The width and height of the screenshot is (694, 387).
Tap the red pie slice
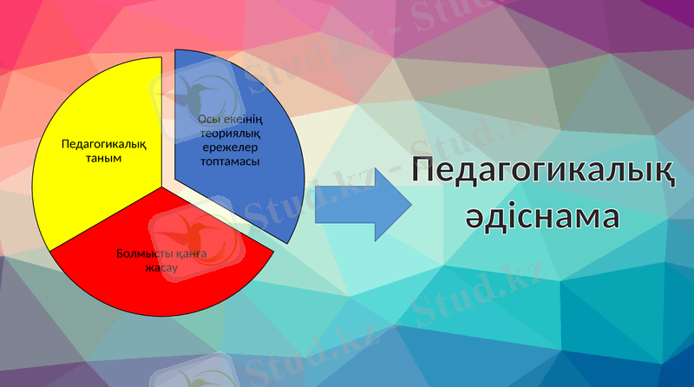coord(156,278)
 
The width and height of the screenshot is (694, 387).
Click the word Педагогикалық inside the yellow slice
coord(104,144)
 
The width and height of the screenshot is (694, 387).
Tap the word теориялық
coord(230,133)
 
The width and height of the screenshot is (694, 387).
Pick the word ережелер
coord(230,147)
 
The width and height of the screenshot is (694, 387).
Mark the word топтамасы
coord(230,161)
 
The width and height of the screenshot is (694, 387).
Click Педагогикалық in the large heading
coord(544,170)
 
